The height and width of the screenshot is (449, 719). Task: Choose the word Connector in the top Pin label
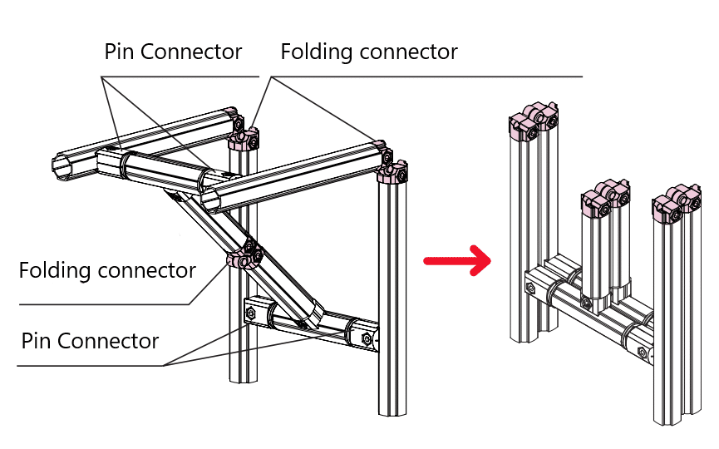pyautogui.click(x=191, y=52)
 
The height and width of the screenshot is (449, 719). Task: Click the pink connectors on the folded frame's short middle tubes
pyautogui.click(x=608, y=197)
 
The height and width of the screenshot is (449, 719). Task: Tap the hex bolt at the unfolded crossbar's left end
pyautogui.click(x=249, y=313)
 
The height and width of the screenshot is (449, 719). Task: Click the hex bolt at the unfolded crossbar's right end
pyautogui.click(x=367, y=338)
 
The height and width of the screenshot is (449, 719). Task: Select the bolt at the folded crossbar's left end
pyautogui.click(x=530, y=289)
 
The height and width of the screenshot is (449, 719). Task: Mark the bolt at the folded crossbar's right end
pyautogui.click(x=645, y=353)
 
